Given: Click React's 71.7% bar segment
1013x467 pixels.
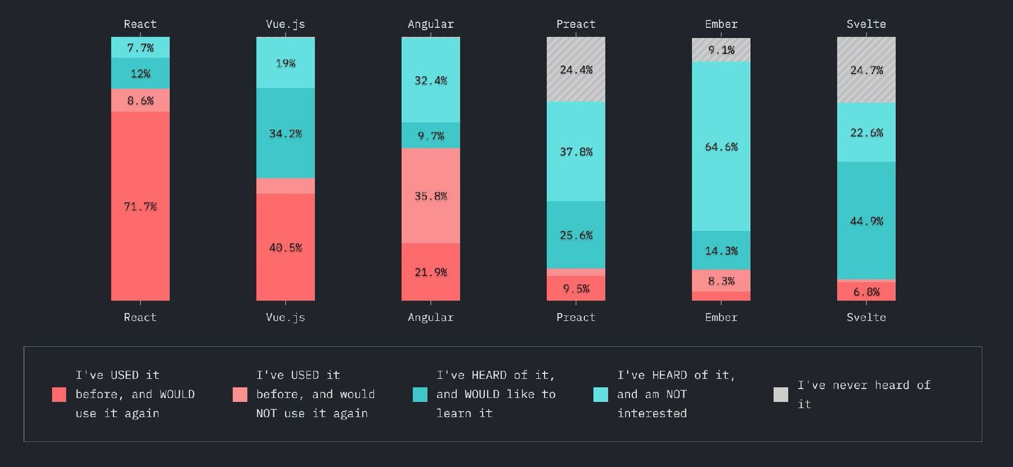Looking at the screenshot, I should pos(140,206).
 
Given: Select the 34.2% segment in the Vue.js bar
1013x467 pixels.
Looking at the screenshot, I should pos(285,134).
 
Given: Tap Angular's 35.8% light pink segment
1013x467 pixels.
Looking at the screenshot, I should pos(431,196).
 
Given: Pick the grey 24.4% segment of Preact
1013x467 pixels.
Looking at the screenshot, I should pos(576,70).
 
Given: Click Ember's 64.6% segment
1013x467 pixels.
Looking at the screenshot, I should pos(721,147).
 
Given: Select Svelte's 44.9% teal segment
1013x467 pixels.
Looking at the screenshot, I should pos(866,221).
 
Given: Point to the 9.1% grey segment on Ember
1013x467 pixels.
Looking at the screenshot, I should pos(721,50).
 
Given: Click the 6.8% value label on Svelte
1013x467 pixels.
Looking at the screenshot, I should pos(866,292).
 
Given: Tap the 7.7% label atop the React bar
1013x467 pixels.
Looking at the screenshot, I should pos(140,48).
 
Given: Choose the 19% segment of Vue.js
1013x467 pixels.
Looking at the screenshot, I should pos(285,63).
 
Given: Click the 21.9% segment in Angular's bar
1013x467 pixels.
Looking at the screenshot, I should pos(431,272).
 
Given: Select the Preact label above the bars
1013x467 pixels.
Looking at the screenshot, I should pos(576,24).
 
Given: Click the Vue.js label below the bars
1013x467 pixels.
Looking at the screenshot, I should pos(285,317).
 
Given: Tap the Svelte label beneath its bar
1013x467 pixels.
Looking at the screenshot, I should pos(866,317).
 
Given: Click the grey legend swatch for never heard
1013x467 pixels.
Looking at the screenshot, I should pos(781,394).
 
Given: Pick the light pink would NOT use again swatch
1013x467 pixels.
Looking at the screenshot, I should pos(240,394).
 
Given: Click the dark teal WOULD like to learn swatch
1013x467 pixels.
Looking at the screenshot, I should pos(420,394).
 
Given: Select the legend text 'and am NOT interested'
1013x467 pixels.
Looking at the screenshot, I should pos(652,403).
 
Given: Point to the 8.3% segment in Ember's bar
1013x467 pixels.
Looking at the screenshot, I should pos(721,280).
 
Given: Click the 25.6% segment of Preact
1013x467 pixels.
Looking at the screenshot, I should pos(576,235).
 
